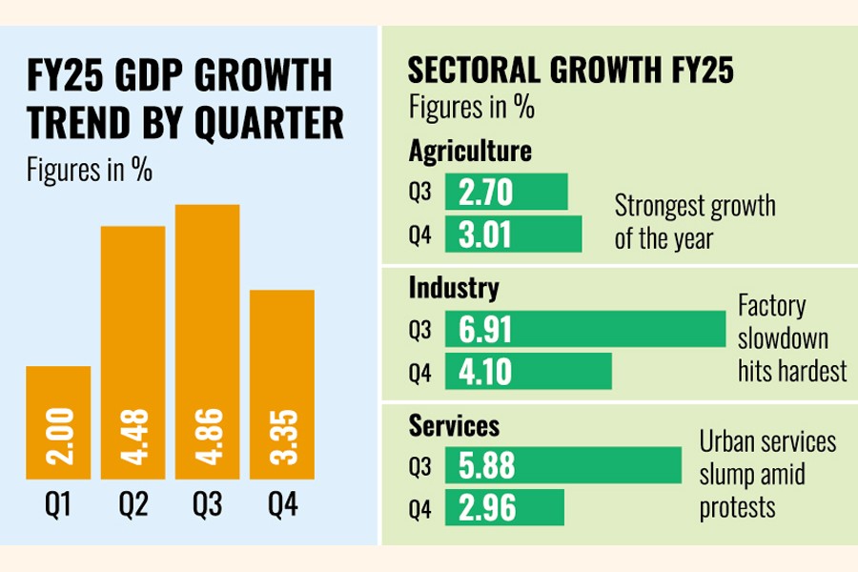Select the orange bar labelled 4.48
pyautogui.click(x=133, y=353)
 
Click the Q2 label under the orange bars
pyautogui.click(x=133, y=505)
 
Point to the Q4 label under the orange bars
pyautogui.click(x=281, y=505)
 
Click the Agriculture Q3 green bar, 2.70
pyautogui.click(x=513, y=193)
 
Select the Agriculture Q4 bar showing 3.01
pyautogui.click(x=520, y=234)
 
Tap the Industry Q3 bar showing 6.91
pyautogui.click(x=592, y=330)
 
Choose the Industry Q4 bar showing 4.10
pyautogui.click(x=535, y=371)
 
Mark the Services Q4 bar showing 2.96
pyautogui.click(x=511, y=507)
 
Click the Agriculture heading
pyautogui.click(x=470, y=152)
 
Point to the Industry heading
pyautogui.click(x=454, y=287)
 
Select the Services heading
pyautogui.click(x=454, y=424)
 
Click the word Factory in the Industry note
pyautogui.click(x=771, y=306)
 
